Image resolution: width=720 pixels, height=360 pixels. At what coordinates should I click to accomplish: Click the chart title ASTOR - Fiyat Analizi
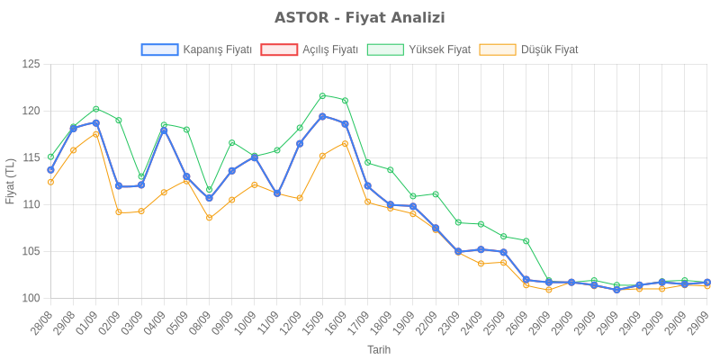[x=360, y=18]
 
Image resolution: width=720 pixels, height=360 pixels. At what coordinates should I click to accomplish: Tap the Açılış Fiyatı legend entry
[x=310, y=49]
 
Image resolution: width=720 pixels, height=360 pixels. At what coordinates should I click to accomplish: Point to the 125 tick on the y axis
[x=31, y=64]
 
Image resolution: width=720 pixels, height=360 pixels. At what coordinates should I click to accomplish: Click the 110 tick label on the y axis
[x=31, y=204]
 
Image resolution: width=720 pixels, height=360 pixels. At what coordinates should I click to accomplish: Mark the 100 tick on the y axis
[x=31, y=298]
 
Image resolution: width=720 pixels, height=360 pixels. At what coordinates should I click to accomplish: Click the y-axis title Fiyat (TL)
[x=10, y=181]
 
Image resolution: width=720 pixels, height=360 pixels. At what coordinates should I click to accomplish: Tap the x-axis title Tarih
[x=379, y=349]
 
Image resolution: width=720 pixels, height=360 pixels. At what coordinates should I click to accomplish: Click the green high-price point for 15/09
[x=322, y=95]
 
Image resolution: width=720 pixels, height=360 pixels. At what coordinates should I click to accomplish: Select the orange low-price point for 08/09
[x=209, y=218]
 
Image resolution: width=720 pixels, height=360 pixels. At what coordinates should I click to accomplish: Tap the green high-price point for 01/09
[x=95, y=109]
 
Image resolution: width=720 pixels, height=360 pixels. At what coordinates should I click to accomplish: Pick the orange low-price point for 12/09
[x=300, y=198]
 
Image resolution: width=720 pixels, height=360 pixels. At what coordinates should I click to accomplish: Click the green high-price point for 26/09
[x=526, y=241]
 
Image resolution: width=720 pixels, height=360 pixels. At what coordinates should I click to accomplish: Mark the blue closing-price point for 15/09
[x=322, y=116]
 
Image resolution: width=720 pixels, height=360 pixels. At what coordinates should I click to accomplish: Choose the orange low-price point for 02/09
[x=119, y=212]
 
